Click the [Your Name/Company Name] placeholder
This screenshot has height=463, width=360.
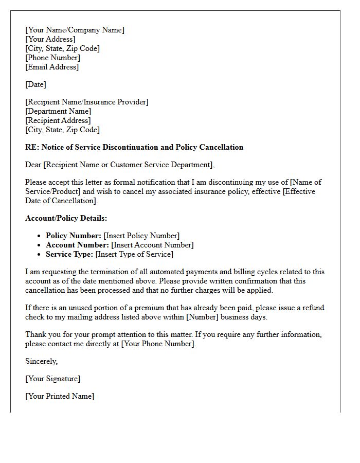75,30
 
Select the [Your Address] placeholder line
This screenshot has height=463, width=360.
50,39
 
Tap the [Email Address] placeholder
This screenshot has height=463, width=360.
52,67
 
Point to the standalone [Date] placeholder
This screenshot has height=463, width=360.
35,84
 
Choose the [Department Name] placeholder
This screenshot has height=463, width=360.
58,111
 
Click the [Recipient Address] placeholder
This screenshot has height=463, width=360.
58,120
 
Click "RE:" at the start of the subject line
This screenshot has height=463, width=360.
32,147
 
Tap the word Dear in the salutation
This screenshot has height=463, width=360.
33,165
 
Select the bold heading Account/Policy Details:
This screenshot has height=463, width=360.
66,218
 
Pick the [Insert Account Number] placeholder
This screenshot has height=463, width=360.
152,245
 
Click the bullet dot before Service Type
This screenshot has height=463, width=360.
40,254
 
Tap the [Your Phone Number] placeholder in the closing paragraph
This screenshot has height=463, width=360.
158,344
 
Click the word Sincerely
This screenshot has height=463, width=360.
41,361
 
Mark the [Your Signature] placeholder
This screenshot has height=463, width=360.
52,379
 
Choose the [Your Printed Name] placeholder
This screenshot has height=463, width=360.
60,396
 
